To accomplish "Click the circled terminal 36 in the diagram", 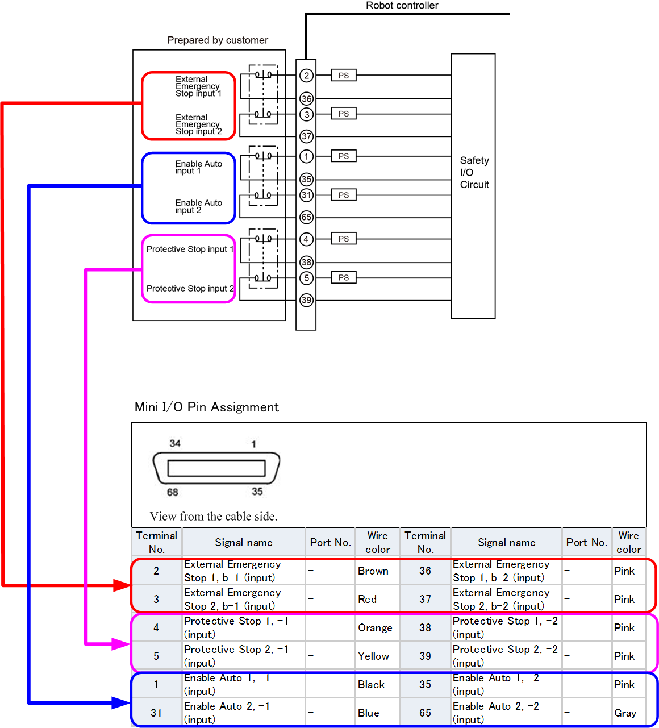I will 306,99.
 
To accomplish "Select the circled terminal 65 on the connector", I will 306,217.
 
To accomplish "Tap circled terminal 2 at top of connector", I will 306,76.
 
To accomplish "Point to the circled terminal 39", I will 306,300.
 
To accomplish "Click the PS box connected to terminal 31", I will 344,195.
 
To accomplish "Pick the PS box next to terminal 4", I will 344,239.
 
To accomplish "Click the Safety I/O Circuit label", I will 474,173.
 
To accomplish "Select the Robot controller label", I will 402,6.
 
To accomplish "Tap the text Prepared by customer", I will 218,40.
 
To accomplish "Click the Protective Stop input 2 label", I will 190,289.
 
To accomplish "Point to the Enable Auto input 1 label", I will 198,167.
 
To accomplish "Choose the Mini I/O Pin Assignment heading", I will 207,407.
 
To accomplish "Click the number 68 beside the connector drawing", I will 173,492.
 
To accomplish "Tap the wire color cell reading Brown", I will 373,571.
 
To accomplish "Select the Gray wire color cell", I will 625,713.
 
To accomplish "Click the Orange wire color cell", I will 375,628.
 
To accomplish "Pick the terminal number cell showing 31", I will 156,713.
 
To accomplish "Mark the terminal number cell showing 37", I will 425,600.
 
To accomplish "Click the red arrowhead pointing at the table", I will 122,585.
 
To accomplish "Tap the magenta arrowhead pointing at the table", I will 121,644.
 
